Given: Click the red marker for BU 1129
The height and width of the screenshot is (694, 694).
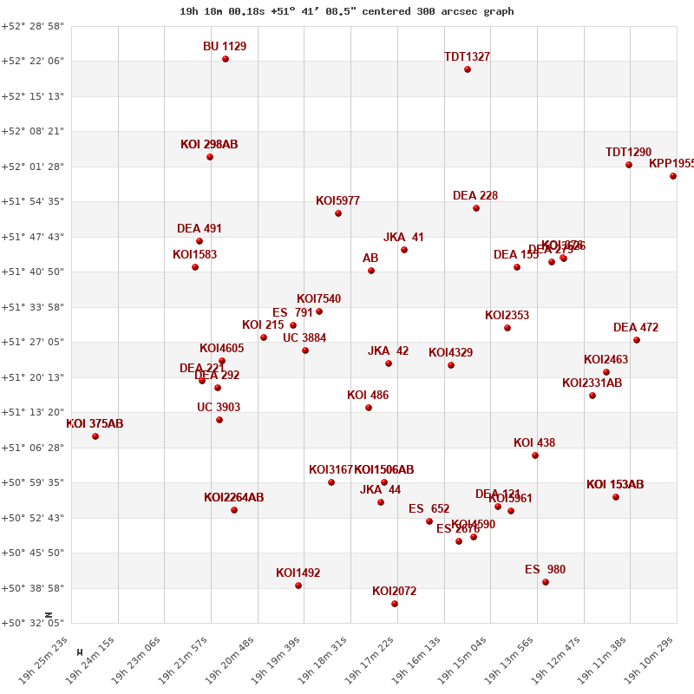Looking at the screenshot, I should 226,59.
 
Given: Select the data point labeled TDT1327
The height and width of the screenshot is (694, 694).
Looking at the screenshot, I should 468,69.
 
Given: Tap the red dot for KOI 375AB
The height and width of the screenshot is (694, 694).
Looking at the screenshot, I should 95,436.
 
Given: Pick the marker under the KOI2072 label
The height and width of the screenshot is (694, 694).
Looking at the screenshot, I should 395,604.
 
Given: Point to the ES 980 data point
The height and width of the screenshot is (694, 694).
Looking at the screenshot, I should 546,582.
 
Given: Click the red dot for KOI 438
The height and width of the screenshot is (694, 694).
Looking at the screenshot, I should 535,455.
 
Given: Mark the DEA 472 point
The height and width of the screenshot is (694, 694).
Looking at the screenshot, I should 637,340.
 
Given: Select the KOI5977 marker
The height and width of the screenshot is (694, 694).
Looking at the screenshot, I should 338,213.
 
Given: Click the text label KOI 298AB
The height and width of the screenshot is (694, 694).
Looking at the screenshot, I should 209,144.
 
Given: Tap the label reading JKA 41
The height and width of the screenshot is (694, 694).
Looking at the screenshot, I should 403,237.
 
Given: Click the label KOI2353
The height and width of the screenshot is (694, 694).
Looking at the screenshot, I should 507,315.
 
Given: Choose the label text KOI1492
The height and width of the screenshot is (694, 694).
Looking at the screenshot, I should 298,573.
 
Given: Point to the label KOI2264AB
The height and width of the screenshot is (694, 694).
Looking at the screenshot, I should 233,497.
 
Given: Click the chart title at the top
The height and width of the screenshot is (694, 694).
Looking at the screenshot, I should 347,11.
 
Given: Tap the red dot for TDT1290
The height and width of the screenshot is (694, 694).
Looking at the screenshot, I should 629,165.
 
